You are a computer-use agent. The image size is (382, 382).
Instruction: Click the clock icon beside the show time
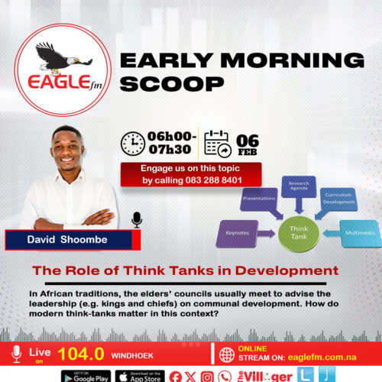tap(133, 143)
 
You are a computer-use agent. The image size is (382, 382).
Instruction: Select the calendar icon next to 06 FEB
tap(217, 143)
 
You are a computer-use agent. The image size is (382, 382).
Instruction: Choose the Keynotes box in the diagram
tap(242, 233)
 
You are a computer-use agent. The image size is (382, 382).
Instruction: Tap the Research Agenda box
tap(299, 187)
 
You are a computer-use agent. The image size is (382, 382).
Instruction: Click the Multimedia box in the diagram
tap(358, 232)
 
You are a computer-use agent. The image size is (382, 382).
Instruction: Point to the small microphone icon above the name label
tap(137, 220)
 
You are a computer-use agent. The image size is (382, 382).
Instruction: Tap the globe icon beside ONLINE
tap(227, 354)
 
